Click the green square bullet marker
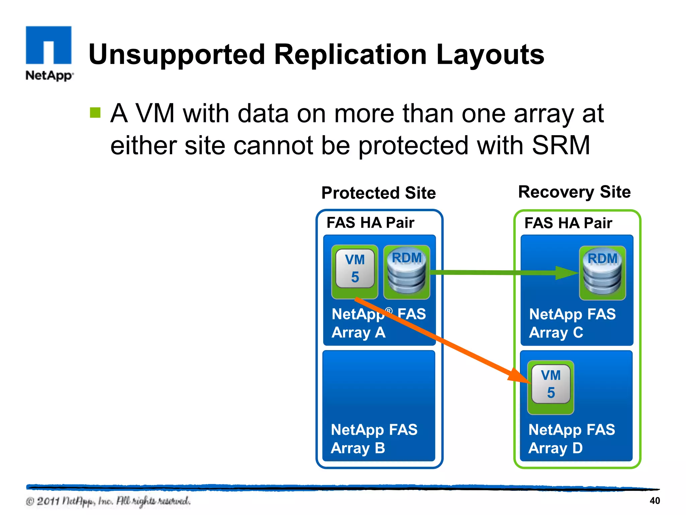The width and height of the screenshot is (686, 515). pos(95,113)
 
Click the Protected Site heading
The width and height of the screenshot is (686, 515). pos(379,193)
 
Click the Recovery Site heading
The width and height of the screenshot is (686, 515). pos(574,192)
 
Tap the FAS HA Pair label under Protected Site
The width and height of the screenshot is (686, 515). pos(370,223)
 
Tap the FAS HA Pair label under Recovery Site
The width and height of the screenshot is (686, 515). pos(568,223)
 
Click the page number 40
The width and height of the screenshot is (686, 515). pos(655,501)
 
